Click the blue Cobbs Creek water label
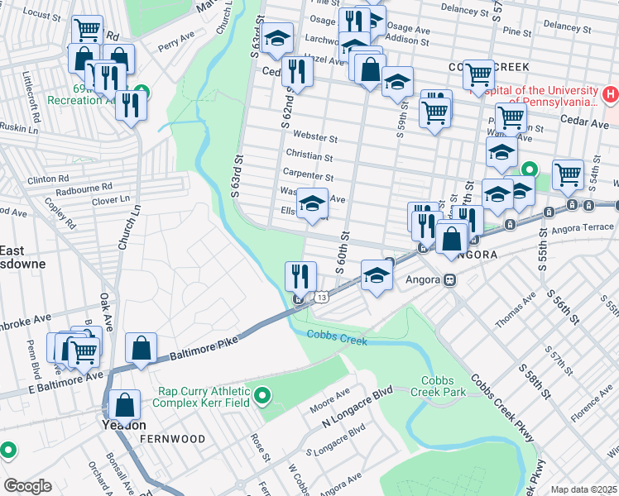(x=336, y=336)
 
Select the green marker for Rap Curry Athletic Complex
(x=263, y=397)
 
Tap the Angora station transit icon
(x=449, y=279)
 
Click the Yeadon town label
(x=124, y=425)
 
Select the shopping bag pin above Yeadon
(x=124, y=405)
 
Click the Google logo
(x=27, y=486)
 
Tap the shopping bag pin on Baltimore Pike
(x=142, y=348)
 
